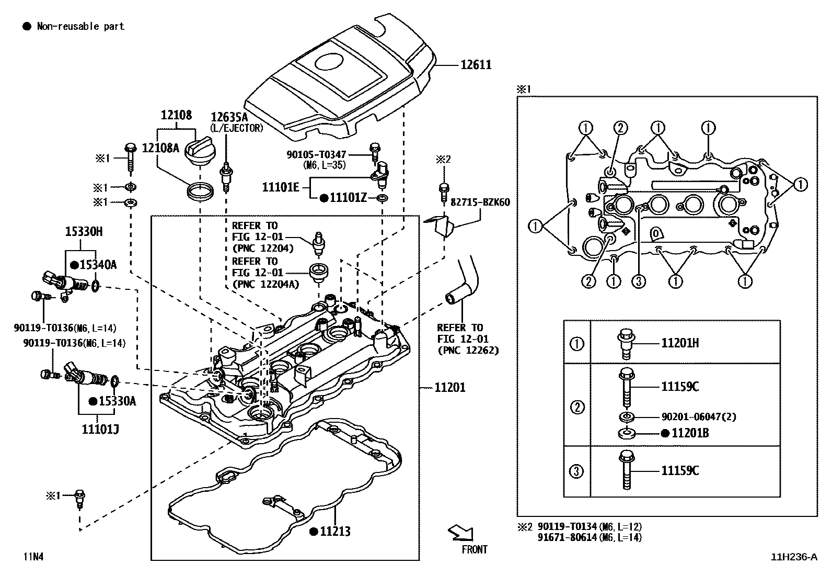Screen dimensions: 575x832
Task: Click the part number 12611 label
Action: pos(476,65)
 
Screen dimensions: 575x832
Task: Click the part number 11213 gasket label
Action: pos(334,532)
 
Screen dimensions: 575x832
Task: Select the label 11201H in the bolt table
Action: pos(680,343)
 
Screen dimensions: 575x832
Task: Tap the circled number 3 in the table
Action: pos(576,471)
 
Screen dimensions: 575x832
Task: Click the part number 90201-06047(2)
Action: pos(699,417)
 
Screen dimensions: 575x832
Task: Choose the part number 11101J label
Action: pos(100,430)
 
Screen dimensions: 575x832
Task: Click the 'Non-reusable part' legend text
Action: pos(80,26)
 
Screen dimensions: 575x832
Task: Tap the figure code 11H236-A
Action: pos(794,557)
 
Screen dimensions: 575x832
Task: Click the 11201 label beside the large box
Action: pos(449,387)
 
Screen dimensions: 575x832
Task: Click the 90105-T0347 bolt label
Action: pos(317,155)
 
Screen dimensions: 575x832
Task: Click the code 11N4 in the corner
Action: pos(32,557)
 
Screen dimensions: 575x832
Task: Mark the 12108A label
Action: pos(160,148)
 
